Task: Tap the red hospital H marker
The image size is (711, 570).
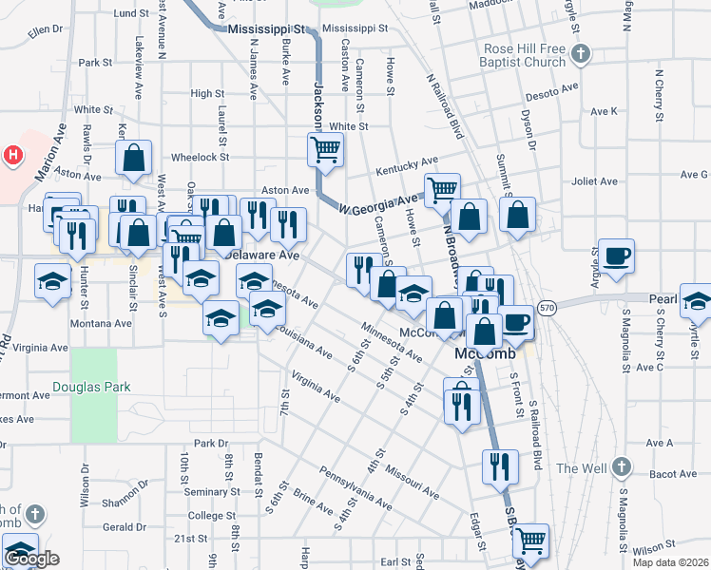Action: coord(13,155)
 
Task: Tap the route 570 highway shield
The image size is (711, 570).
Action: coord(546,307)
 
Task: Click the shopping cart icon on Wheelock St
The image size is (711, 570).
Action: coord(325,148)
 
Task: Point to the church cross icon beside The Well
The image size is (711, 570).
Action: coord(621,467)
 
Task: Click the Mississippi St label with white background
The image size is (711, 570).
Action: coord(270,29)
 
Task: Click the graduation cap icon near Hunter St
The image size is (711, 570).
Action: coord(52,279)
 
